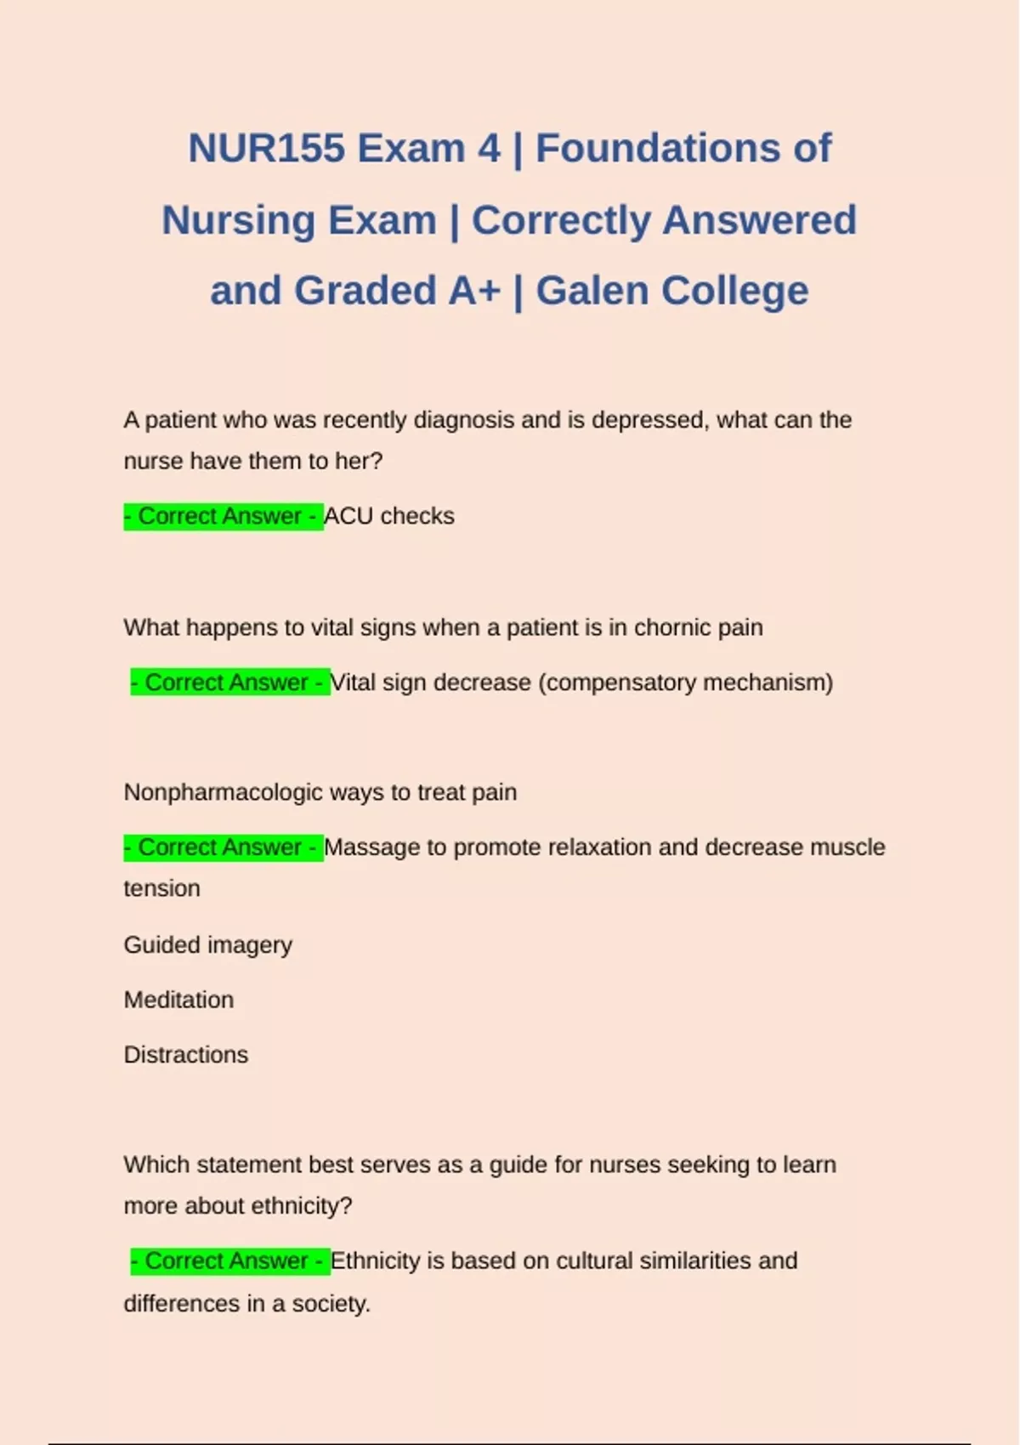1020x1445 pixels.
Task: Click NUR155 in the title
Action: [x=267, y=149]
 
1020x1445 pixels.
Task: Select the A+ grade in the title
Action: [x=474, y=291]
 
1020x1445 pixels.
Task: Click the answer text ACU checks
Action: [x=389, y=516]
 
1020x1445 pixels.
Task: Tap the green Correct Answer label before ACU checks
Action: [x=223, y=516]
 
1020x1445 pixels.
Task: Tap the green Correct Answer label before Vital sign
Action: [x=229, y=683]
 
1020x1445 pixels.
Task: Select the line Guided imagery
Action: [x=207, y=945]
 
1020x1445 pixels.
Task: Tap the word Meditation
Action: [x=178, y=1000]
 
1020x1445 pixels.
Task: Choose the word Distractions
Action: [x=186, y=1055]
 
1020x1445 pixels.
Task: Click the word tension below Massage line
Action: [x=161, y=888]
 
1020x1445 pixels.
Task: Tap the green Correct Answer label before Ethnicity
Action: [x=229, y=1261]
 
